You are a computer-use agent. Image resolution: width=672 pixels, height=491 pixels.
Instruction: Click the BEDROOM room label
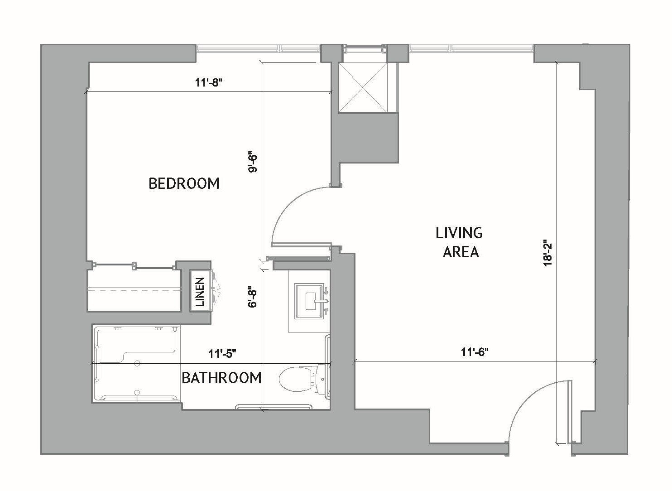184,183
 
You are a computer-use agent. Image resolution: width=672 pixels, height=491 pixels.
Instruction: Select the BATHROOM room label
221,377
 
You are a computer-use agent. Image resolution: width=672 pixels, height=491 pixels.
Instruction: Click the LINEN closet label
200,291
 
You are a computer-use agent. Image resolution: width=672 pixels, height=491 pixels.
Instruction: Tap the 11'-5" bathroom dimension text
223,354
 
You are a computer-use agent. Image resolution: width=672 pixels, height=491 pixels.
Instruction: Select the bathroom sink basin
310,301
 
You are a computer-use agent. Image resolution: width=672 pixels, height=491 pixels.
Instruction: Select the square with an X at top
364,86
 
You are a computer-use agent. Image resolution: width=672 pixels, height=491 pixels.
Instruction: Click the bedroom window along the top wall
258,48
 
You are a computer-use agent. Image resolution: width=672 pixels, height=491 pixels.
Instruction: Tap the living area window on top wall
471,48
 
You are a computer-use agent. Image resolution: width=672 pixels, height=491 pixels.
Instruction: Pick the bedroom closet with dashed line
134,290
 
